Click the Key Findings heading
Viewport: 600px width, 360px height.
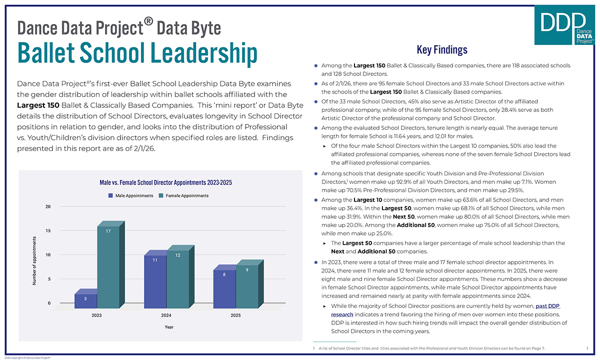[x=441, y=49]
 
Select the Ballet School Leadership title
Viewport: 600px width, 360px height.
[x=137, y=53]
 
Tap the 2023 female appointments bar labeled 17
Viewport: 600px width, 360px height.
[x=108, y=265]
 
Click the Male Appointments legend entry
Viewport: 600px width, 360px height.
[x=131, y=195]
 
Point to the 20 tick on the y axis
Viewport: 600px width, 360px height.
[x=48, y=206]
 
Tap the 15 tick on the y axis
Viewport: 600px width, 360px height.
[x=48, y=230]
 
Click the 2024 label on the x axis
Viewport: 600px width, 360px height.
[x=166, y=315]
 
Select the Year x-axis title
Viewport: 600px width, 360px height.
[x=169, y=327]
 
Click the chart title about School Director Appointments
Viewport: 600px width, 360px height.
[x=165, y=182]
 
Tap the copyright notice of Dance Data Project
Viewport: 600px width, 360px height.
[x=27, y=357]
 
